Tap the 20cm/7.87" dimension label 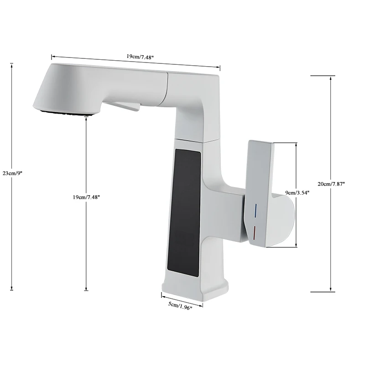click(x=331, y=183)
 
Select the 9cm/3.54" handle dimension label click(x=297, y=193)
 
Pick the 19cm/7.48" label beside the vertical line click(x=86, y=197)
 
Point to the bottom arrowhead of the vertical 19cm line click(x=86, y=289)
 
